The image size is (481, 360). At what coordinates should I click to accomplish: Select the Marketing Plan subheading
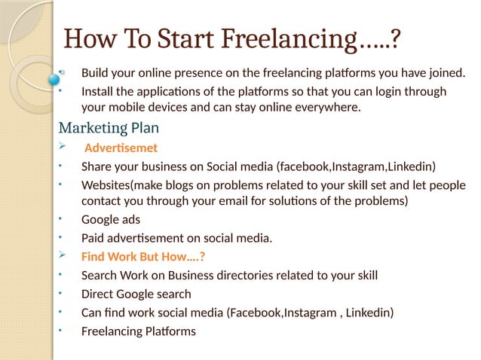[x=109, y=127]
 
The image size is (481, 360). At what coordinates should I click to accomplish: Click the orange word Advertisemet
[x=121, y=148]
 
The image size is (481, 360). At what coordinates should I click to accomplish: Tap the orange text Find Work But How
[x=143, y=257]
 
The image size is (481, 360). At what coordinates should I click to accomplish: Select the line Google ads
[x=110, y=221]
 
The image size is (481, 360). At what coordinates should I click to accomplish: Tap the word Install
[x=97, y=92]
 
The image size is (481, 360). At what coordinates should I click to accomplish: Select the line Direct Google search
[x=136, y=294]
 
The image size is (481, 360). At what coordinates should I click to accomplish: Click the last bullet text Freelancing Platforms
[x=138, y=331]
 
